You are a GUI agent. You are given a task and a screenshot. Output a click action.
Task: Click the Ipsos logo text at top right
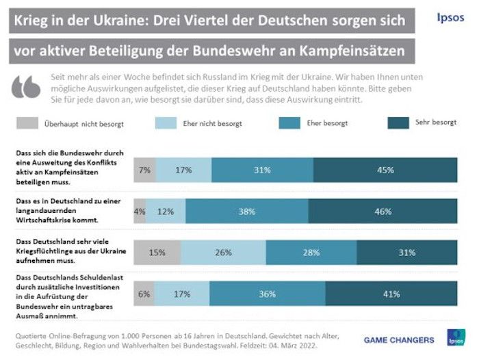point(451,17)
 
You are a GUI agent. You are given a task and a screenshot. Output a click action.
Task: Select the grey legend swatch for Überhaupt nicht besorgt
point(27,123)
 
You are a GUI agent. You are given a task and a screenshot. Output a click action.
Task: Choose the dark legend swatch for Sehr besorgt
point(398,123)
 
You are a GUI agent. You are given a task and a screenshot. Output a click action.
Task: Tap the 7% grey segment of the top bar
point(144,170)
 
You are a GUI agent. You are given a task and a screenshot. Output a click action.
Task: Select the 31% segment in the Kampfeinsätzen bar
point(262,170)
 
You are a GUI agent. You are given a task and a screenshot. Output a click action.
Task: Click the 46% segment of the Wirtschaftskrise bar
point(383,211)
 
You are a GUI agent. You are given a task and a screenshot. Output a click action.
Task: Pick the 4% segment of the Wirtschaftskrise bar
point(140,211)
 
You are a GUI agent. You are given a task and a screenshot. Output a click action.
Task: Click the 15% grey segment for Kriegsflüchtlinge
point(157,253)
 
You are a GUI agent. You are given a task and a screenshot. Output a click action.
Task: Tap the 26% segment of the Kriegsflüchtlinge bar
point(223,253)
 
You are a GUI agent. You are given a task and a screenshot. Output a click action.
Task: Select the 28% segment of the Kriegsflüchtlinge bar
point(311,253)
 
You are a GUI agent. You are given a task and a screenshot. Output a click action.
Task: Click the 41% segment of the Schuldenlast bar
point(391,294)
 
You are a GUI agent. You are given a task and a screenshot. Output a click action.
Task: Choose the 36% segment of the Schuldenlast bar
point(266,294)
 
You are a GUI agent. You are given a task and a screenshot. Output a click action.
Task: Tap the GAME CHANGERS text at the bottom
point(398,340)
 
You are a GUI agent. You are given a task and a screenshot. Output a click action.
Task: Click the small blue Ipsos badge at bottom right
point(455,338)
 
